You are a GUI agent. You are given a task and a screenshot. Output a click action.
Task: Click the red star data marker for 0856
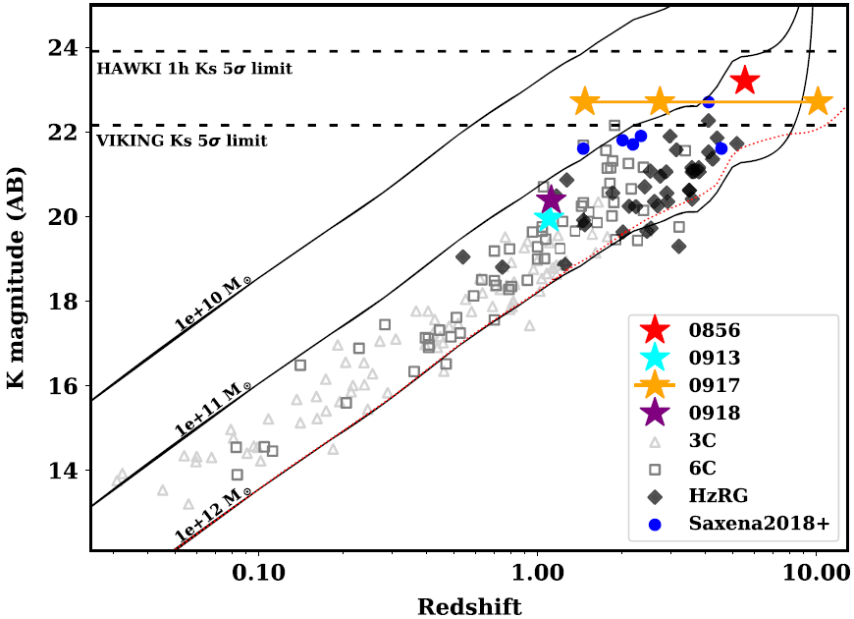click(x=744, y=81)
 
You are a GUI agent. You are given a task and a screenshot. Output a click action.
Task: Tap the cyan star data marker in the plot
click(x=549, y=218)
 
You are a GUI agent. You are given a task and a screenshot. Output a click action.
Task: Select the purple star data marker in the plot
click(x=552, y=199)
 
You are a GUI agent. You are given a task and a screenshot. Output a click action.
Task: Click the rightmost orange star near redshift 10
click(x=817, y=101)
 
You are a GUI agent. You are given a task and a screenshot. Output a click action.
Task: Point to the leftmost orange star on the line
click(x=585, y=101)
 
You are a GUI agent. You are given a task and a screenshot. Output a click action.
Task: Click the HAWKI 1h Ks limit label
click(x=194, y=69)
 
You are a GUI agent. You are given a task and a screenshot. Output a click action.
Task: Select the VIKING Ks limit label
click(x=182, y=141)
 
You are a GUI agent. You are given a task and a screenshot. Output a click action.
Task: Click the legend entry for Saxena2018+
click(x=766, y=525)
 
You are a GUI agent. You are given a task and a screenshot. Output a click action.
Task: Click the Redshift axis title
click(x=468, y=605)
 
